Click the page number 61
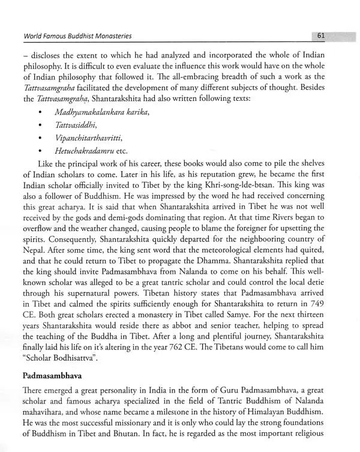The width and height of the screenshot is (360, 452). pyautogui.click(x=321, y=37)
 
